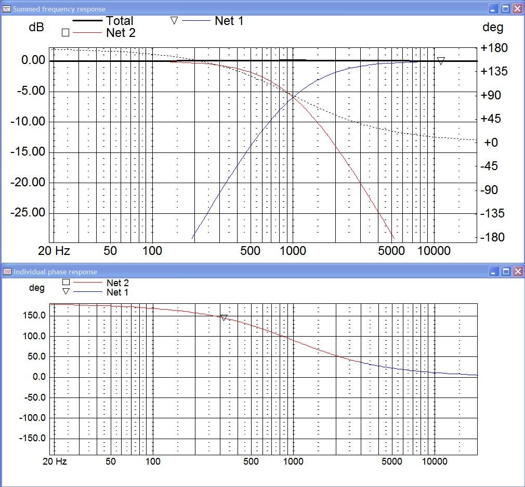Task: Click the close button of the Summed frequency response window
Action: [517, 9]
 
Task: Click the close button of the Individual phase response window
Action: [517, 272]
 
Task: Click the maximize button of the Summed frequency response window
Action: [506, 9]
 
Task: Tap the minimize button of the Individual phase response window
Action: [494, 272]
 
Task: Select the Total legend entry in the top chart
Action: [120, 21]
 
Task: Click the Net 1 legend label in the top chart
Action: [229, 21]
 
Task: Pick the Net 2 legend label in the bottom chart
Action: [117, 283]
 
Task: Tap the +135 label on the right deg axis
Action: [494, 71]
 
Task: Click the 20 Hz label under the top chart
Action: [54, 251]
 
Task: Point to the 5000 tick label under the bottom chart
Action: [391, 462]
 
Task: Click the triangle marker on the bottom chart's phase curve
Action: [224, 317]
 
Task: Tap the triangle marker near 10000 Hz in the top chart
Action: [441, 61]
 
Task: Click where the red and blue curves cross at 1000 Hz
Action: [294, 96]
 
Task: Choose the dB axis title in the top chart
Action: [36, 28]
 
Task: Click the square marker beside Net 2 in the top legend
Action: [65, 33]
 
